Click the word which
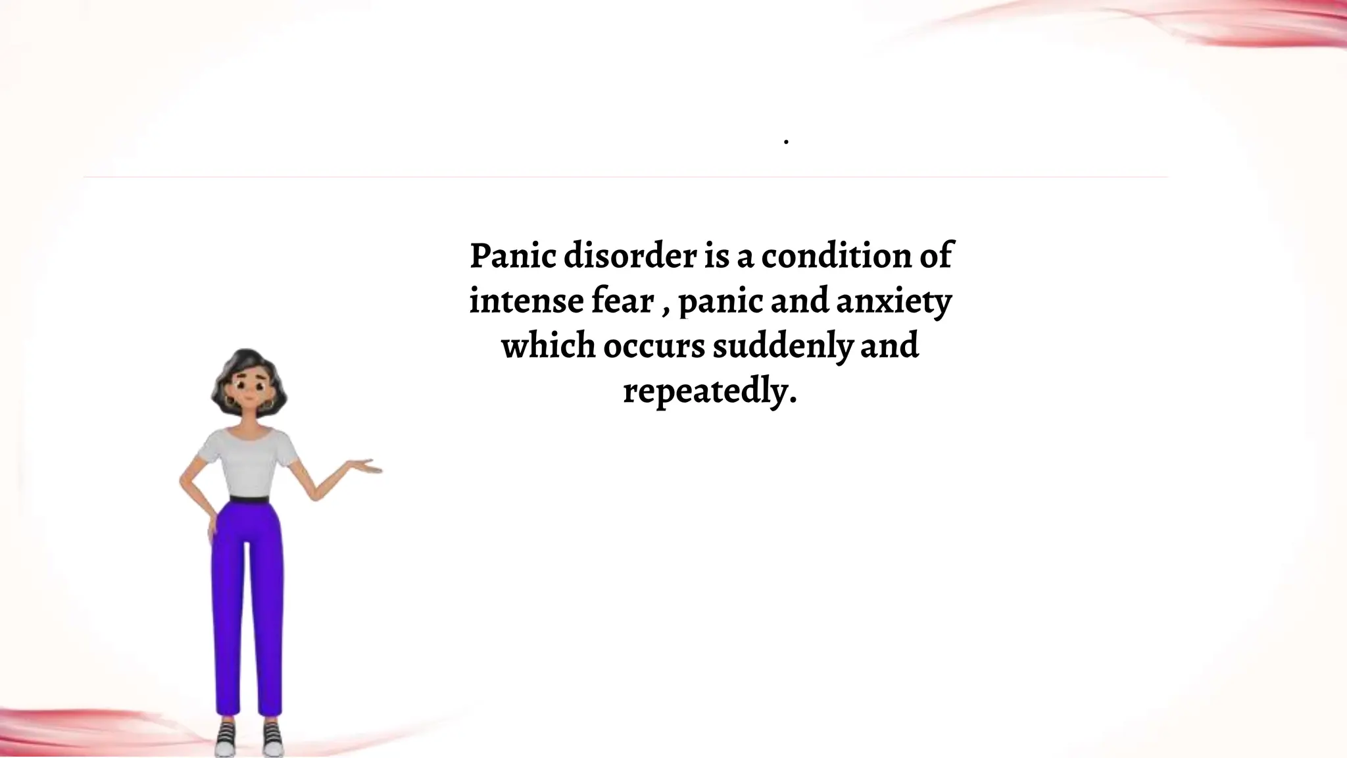click(549, 347)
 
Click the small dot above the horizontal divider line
click(787, 142)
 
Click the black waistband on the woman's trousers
click(249, 499)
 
